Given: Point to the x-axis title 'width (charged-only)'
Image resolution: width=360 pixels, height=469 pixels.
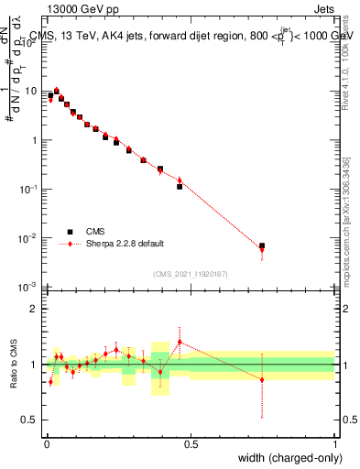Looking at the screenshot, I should (284, 457).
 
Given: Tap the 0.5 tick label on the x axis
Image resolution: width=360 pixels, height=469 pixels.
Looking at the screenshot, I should (191, 443).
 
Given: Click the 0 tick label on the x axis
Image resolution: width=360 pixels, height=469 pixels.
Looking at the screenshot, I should (46, 443).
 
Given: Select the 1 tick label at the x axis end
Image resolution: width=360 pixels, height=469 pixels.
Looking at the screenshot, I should (335, 443).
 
